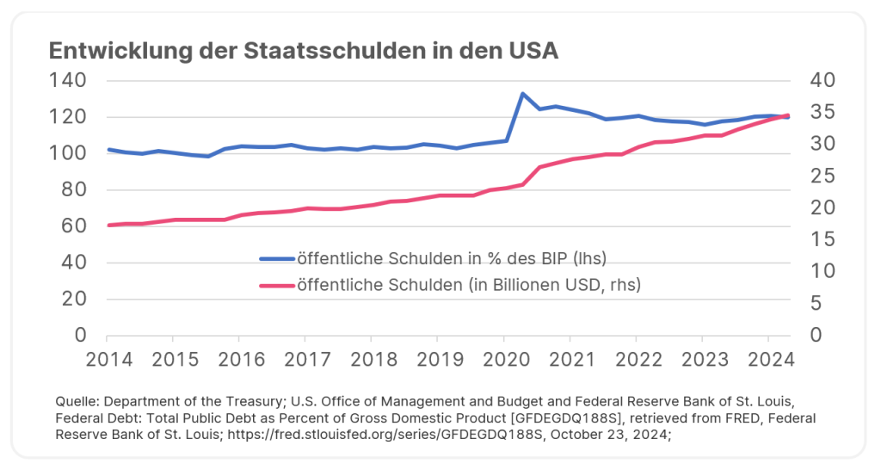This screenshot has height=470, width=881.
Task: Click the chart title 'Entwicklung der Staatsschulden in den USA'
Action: pos(304,51)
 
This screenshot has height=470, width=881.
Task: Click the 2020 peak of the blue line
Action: pos(522,93)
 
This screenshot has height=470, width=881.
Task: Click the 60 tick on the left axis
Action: pos(75,226)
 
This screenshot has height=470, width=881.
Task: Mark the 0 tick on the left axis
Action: pos(81,336)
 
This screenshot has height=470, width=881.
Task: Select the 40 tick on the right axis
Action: pos(822,81)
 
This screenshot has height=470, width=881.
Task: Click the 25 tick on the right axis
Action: pos(822,176)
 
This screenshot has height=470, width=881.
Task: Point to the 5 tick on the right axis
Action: pos(817,303)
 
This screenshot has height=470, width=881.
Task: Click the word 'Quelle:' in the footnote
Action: pos(77,403)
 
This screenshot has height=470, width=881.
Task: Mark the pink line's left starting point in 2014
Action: pos(108,225)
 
